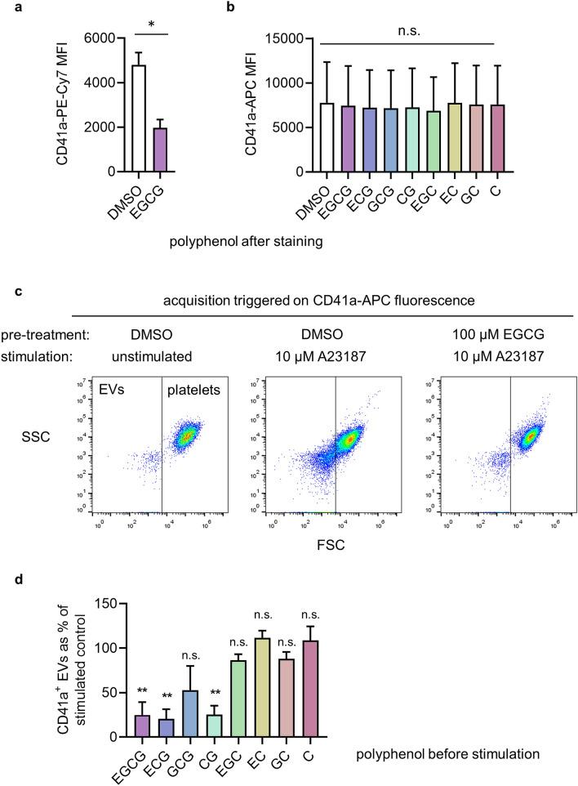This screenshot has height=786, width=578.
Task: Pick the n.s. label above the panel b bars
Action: pos(410,30)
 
